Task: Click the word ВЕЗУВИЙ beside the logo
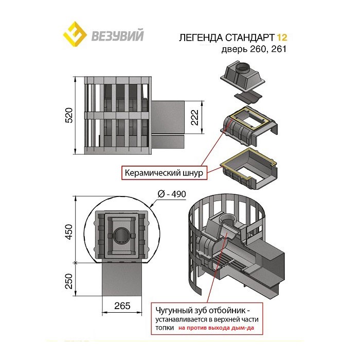(117, 36)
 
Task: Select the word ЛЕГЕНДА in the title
(200, 38)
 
